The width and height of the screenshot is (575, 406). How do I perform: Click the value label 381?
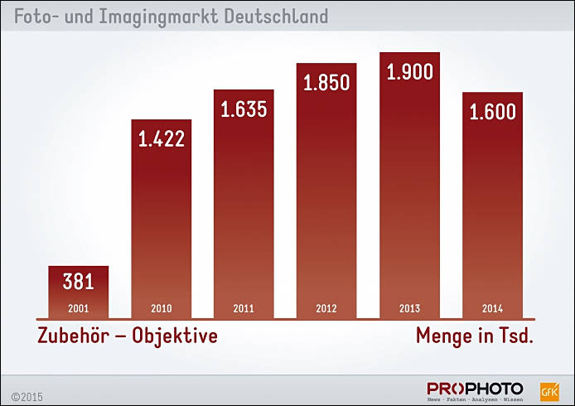point(79,282)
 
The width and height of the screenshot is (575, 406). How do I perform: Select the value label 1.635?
point(244,109)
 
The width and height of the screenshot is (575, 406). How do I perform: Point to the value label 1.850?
point(326,83)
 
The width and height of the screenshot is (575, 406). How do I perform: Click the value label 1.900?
point(409,72)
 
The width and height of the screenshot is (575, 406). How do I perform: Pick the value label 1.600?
point(492,111)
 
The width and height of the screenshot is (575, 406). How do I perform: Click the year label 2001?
point(79,309)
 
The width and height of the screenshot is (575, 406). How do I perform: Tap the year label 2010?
point(162,309)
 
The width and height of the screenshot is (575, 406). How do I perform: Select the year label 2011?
point(244,309)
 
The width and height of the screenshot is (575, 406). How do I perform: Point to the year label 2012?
point(326,309)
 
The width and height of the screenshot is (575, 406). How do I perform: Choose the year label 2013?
point(409,309)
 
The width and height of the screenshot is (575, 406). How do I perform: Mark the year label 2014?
point(492,309)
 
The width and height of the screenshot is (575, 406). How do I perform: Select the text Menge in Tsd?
point(474,336)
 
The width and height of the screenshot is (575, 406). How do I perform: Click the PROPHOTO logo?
point(476,389)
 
